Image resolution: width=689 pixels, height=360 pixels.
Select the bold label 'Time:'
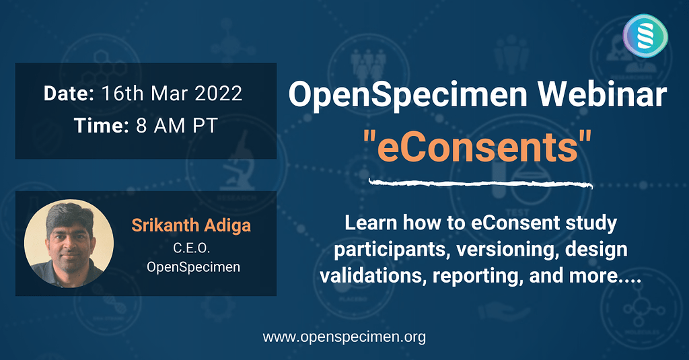pyautogui.click(x=98, y=126)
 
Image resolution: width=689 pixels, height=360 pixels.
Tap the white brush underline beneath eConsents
pyautogui.click(x=481, y=182)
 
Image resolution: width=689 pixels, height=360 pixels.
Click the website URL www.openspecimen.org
pyautogui.click(x=344, y=336)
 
